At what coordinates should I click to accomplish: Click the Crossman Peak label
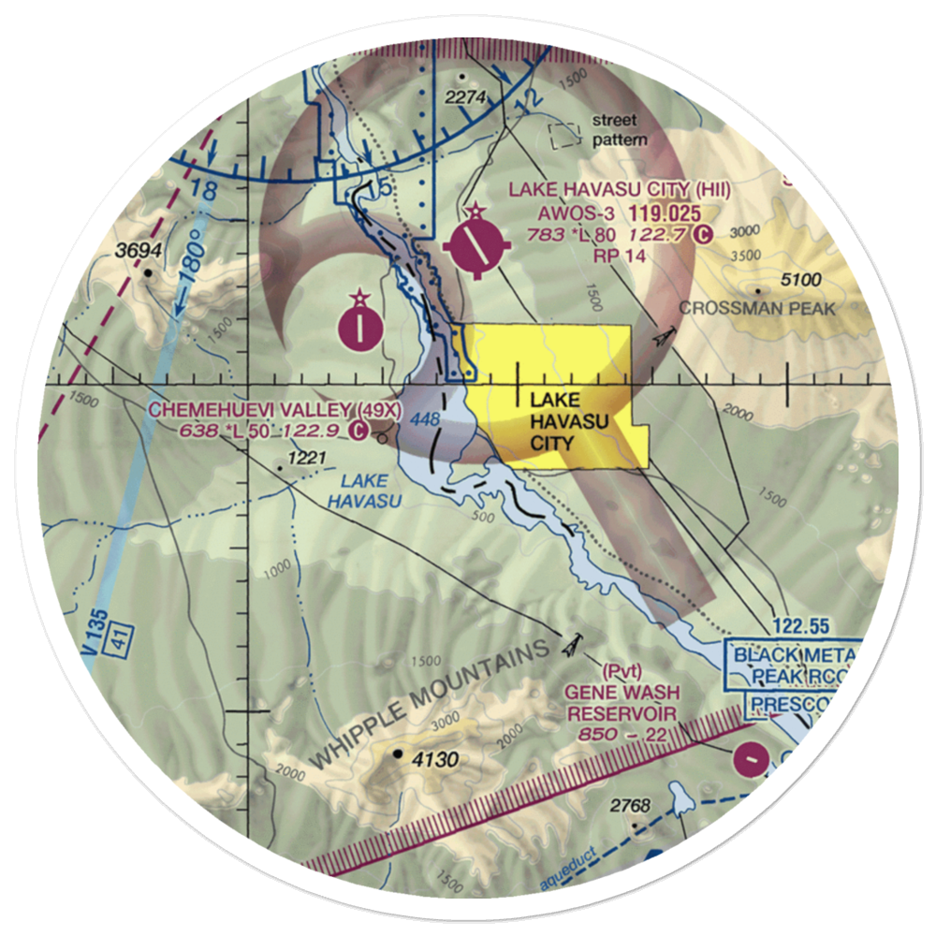755,307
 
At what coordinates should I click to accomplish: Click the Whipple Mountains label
431,704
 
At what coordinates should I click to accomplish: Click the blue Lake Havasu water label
364,491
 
